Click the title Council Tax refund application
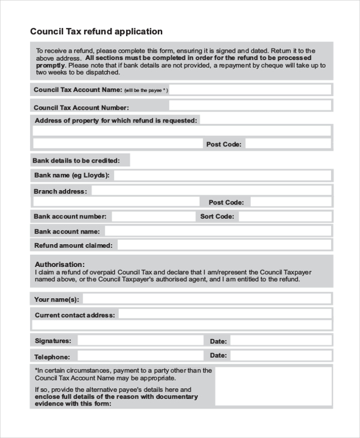pos(96,31)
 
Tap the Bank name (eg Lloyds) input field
pos(222,175)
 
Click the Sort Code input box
pos(284,217)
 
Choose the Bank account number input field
pos(152,217)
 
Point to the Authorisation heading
pos(59,264)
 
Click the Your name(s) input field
pos(207,299)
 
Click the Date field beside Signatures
pos(281,341)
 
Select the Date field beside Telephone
pos(281,355)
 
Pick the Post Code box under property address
pos(288,144)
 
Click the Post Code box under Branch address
pos(290,202)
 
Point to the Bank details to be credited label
pos(76,161)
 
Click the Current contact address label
pos(74,314)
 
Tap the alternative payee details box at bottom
pos(273,387)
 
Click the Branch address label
pos(60,191)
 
